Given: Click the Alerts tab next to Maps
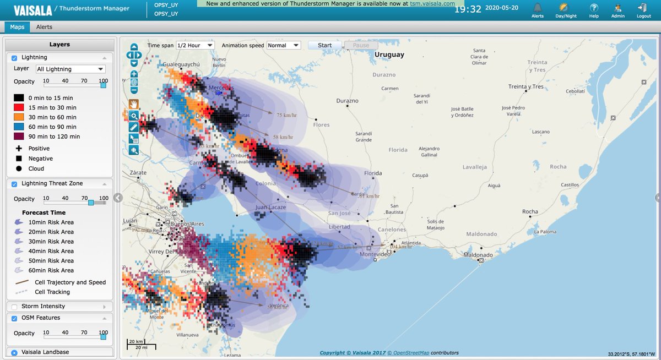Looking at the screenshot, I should click(x=44, y=26).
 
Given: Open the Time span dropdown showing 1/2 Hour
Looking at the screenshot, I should click(x=194, y=45).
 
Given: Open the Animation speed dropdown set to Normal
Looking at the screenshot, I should click(x=284, y=45).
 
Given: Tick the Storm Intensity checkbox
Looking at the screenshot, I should click(x=14, y=306).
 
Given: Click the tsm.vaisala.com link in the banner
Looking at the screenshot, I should click(x=432, y=3).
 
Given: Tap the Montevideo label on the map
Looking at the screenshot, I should click(x=375, y=254).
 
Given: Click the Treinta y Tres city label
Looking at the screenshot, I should click(x=525, y=86).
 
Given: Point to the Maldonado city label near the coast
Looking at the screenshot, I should click(x=463, y=255).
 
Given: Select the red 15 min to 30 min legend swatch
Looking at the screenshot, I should click(x=19, y=107).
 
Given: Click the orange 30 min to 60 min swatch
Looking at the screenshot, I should click(x=19, y=117).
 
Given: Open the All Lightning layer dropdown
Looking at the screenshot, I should click(x=70, y=69).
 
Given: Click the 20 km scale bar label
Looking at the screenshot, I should click(x=135, y=341).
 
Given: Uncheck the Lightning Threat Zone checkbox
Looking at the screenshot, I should click(x=14, y=184).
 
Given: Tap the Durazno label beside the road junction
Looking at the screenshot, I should click(x=347, y=101).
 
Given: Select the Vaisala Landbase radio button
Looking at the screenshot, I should click(x=14, y=352).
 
